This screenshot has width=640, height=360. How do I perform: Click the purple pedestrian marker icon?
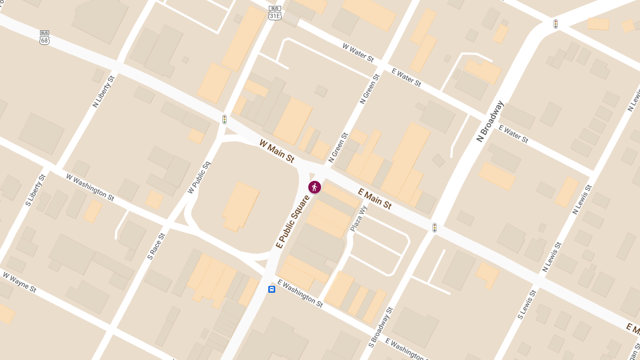[315, 187]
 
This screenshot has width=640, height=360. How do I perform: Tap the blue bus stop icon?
[271, 289]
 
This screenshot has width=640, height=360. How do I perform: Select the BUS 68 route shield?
[45, 37]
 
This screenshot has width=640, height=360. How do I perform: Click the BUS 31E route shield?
[275, 12]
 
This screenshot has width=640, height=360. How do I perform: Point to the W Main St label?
[277, 151]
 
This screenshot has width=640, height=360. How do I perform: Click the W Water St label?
[358, 53]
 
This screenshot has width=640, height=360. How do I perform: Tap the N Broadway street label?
[490, 121]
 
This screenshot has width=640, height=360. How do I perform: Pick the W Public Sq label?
[199, 177]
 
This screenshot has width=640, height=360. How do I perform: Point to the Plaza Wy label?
[359, 219]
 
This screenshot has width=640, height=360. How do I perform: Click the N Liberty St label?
[103, 92]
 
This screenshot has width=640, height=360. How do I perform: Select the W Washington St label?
[90, 187]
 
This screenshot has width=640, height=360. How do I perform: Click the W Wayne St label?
[20, 282]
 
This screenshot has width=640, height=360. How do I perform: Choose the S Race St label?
[156, 246]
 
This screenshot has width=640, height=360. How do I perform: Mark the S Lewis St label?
[526, 305]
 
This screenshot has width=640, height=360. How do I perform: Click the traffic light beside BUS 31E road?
[225, 119]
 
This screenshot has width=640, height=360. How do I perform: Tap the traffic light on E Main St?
[435, 228]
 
